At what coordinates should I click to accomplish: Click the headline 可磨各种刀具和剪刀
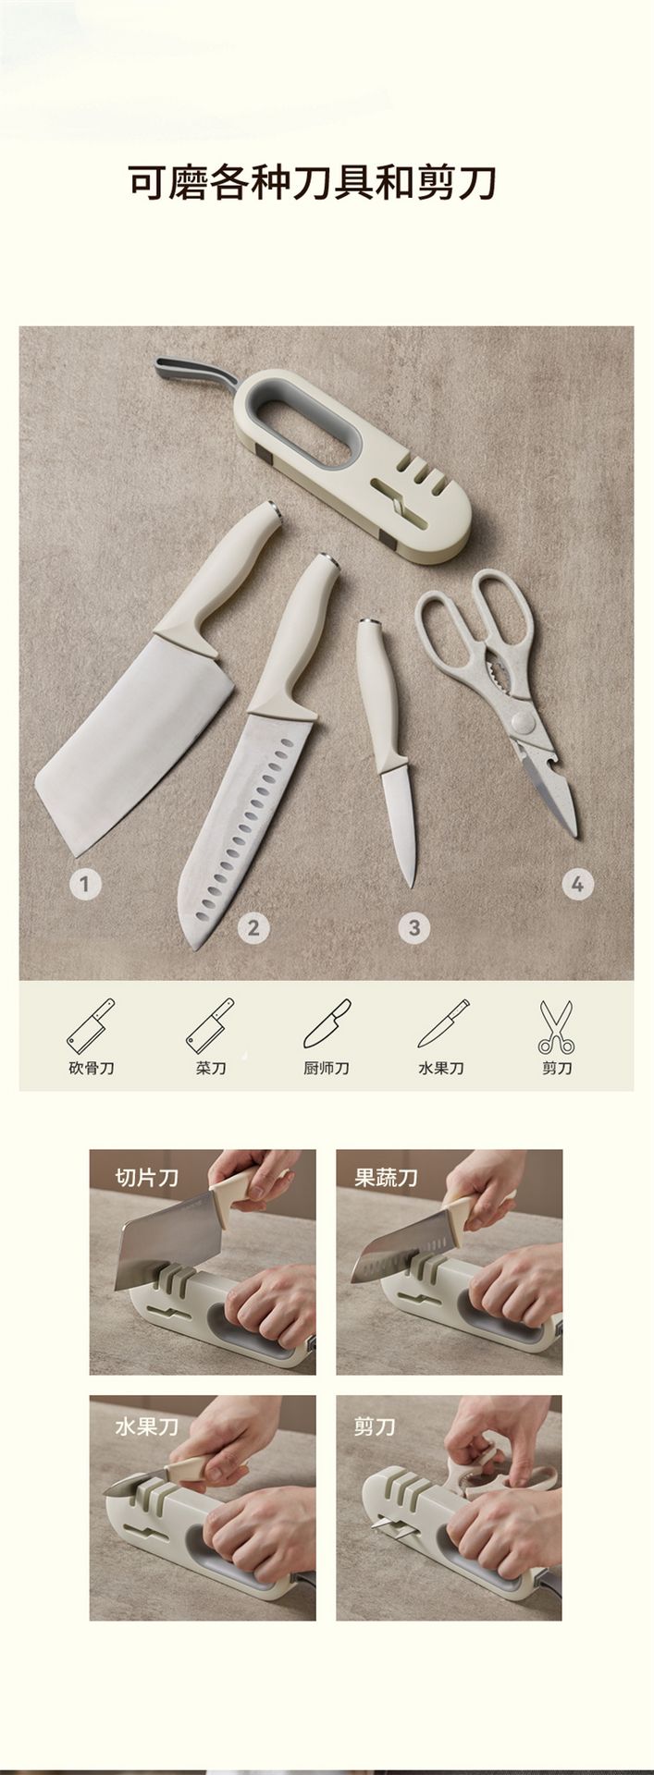pos(313,183)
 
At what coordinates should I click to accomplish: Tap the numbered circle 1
pos(85,884)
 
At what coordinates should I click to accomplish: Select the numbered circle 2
pos(253,926)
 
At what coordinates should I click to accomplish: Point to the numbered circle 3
pos(413,926)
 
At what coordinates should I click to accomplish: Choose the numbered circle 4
pos(577,884)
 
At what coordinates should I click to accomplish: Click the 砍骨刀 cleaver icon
pos(91,1025)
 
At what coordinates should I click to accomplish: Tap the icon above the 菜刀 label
pos(210,1025)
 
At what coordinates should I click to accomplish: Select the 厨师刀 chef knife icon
pos(327,1025)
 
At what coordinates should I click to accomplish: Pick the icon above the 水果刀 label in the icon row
pos(442,1025)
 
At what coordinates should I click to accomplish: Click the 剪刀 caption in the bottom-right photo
pos(376,1426)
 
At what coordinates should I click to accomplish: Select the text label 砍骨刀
pos(91,1068)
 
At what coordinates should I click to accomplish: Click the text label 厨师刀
pos(327,1068)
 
